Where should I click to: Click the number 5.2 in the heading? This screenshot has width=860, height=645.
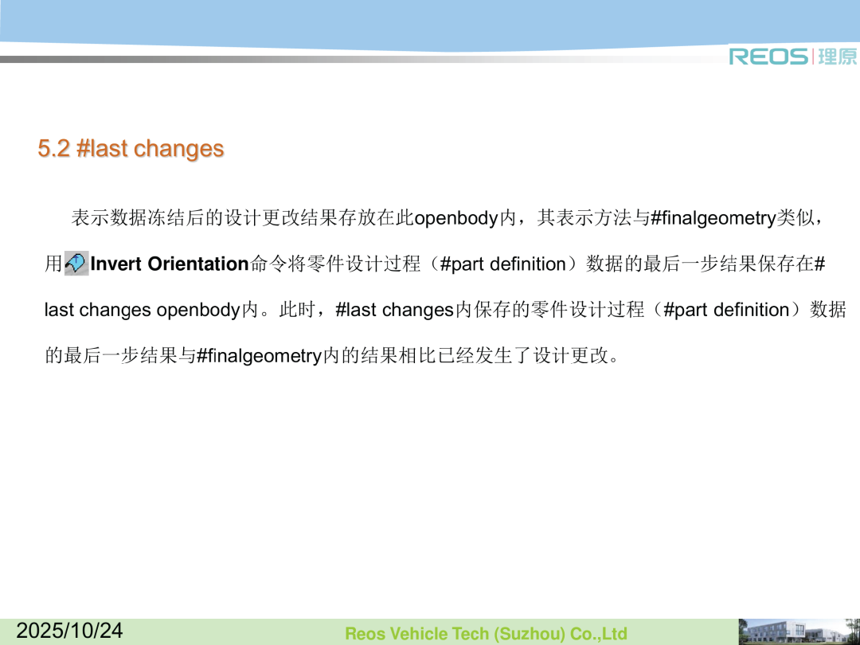coord(54,148)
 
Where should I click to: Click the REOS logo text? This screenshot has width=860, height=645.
coord(768,57)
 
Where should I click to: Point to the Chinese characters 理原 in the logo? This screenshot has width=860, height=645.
coord(837,57)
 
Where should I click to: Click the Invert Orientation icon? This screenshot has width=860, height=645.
coord(76,264)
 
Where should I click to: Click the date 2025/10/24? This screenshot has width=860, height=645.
coord(69,630)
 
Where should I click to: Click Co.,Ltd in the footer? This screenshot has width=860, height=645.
coord(598,634)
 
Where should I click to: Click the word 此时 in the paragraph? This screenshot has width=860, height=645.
coord(298,310)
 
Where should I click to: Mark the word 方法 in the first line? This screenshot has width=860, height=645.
coord(612,217)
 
